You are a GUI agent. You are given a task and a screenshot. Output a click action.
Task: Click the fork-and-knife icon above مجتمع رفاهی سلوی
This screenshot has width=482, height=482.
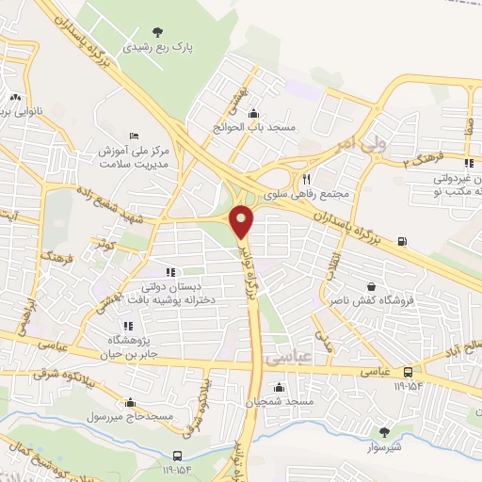tap(306, 179)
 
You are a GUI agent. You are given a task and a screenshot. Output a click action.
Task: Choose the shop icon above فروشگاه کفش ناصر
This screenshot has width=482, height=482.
tap(371, 288)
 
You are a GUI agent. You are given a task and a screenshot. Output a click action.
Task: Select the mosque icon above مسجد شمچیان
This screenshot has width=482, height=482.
tap(280, 387)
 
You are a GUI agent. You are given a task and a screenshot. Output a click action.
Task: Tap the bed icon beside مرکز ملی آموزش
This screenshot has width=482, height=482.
tap(134, 135)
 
